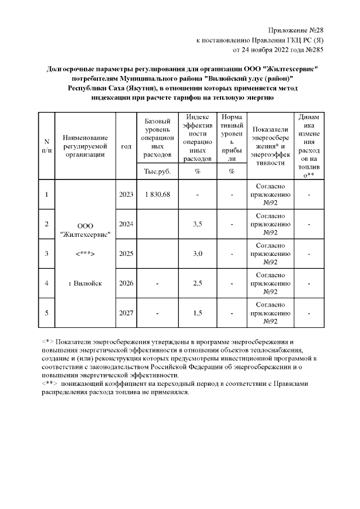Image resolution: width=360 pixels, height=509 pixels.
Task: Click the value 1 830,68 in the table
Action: point(157,194)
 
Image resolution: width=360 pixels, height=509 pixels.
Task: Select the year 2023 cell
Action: point(126,194)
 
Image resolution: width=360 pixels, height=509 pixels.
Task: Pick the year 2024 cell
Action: point(126,224)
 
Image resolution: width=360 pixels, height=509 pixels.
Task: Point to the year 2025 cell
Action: point(126,254)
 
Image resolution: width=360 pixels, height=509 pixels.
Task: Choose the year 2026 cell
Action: point(126,283)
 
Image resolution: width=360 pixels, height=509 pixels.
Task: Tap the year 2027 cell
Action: point(126,312)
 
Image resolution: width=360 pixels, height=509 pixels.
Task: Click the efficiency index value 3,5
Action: point(197,224)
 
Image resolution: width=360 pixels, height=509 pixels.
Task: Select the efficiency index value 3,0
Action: point(197,254)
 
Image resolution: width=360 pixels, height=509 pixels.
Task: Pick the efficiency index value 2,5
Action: point(197,283)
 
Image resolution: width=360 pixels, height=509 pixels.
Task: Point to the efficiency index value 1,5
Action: point(197,312)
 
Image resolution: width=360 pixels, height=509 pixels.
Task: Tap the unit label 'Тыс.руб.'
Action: point(157,171)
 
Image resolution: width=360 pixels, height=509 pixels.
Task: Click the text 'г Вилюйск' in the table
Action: point(85,283)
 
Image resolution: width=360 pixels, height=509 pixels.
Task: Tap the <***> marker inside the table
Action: point(85,254)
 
